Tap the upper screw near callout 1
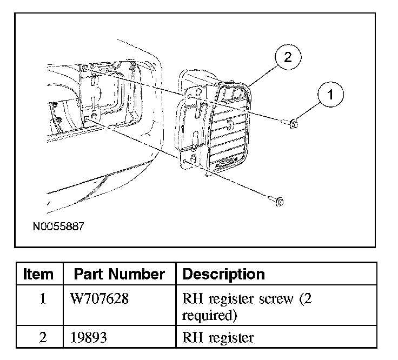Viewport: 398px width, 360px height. (x=293, y=124)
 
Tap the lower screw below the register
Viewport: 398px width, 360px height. (x=278, y=203)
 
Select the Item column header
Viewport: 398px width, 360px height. (x=38, y=274)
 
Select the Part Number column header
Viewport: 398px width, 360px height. (x=119, y=274)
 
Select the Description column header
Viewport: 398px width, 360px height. (x=224, y=274)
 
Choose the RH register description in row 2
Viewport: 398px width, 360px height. (x=218, y=338)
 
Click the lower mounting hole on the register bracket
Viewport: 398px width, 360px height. (x=185, y=160)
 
